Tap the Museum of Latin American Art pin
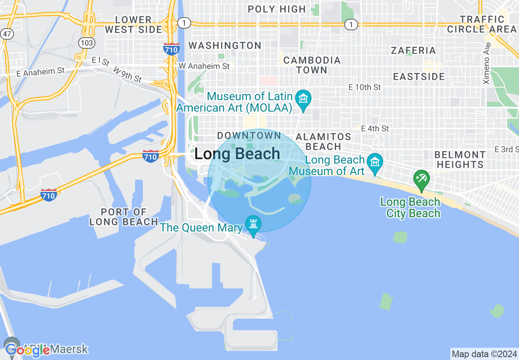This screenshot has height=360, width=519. pyautogui.click(x=303, y=99)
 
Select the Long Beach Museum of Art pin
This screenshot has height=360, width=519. pyautogui.click(x=375, y=162)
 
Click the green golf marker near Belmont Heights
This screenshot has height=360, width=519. pyautogui.click(x=421, y=179)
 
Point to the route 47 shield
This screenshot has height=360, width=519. pyautogui.click(x=7, y=34)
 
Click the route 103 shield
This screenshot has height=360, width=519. pyautogui.click(x=88, y=43)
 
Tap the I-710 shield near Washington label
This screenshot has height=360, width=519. pyautogui.click(x=171, y=49)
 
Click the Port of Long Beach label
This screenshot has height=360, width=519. pyautogui.click(x=124, y=217)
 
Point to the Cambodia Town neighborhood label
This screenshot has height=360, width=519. pyautogui.click(x=312, y=65)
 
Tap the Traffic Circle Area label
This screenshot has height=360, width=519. pyautogui.click(x=482, y=24)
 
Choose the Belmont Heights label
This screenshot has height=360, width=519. pyautogui.click(x=460, y=160)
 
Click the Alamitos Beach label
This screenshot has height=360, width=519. pyautogui.click(x=323, y=141)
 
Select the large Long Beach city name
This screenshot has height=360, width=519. pyautogui.click(x=237, y=154)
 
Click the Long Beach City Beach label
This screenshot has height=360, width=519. pyautogui.click(x=410, y=207)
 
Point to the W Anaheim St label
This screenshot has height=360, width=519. pyautogui.click(x=204, y=66)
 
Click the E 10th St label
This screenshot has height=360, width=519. pyautogui.click(x=364, y=87)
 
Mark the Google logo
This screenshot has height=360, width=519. pyautogui.click(x=27, y=349)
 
